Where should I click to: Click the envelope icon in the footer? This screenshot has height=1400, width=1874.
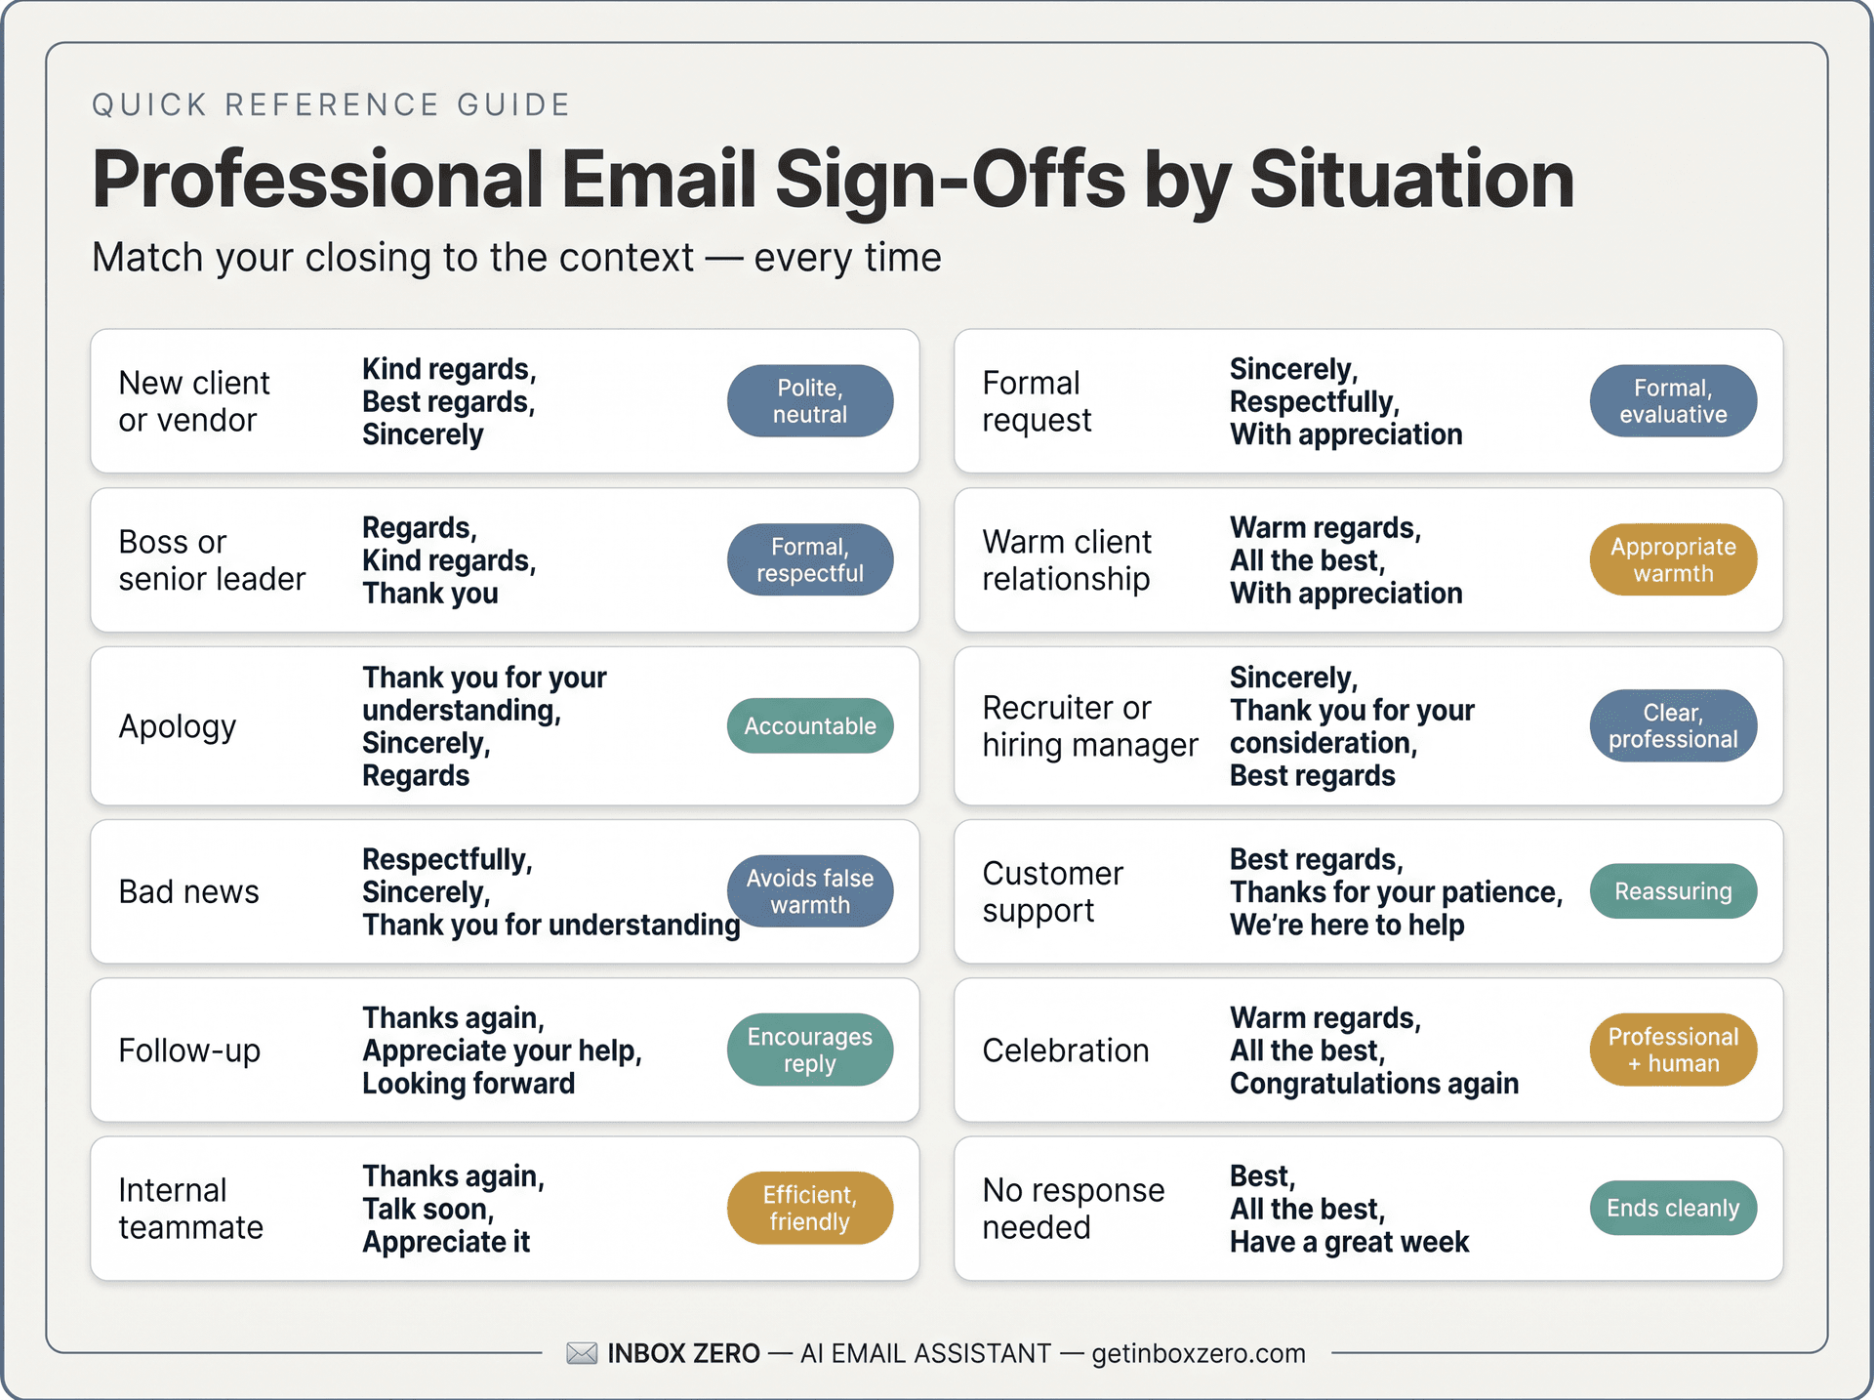(x=582, y=1353)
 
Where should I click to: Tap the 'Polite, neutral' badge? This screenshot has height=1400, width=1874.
(x=809, y=401)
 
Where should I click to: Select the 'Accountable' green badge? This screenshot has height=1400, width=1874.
(x=809, y=726)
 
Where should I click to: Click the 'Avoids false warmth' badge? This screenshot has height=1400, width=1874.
(x=809, y=891)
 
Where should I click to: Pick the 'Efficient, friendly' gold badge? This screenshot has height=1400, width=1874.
(x=809, y=1208)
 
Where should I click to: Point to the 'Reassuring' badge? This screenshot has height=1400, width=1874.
(x=1672, y=891)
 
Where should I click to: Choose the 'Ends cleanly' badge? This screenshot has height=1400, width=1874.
(x=1672, y=1208)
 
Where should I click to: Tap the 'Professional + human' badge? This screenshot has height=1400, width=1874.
(x=1672, y=1050)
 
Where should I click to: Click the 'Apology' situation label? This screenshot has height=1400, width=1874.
(x=178, y=727)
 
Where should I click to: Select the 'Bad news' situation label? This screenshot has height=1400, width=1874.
(x=188, y=892)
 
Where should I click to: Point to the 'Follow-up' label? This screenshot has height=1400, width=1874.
(x=189, y=1050)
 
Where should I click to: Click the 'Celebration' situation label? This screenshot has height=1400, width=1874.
(x=1065, y=1050)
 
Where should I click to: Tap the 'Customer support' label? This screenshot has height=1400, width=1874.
(x=1052, y=891)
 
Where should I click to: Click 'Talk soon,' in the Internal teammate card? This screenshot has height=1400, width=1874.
(x=428, y=1209)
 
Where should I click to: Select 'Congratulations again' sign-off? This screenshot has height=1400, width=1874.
(x=1373, y=1084)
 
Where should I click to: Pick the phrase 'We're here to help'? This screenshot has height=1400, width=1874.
(x=1346, y=925)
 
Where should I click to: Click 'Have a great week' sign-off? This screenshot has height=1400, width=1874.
(x=1348, y=1242)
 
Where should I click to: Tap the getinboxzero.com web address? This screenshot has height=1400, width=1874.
(x=1198, y=1354)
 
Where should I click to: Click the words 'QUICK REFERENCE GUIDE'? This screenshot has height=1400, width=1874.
(x=331, y=104)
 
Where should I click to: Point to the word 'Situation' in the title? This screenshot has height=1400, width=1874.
(x=1411, y=180)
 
